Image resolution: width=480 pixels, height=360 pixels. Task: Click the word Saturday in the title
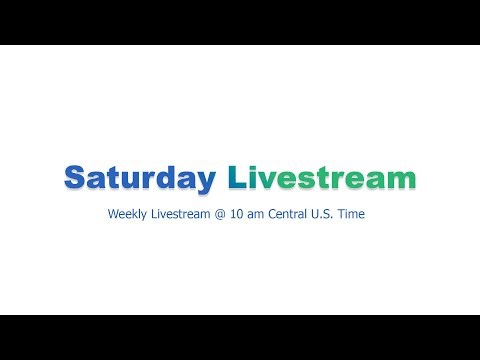pyautogui.click(x=139, y=178)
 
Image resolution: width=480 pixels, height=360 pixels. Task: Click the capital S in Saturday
pyautogui.click(x=75, y=178)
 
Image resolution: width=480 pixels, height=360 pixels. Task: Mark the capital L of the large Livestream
pyautogui.click(x=235, y=178)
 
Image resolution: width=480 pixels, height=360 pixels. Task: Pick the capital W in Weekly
pyautogui.click(x=115, y=214)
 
